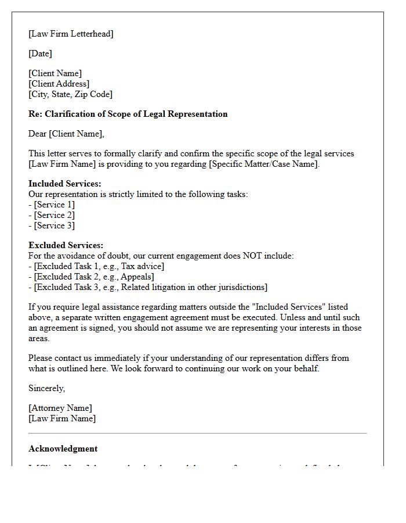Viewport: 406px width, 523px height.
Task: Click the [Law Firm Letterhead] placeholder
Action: click(71, 34)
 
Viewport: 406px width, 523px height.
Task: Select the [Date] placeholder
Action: click(40, 53)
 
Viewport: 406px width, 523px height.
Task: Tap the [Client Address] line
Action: click(59, 84)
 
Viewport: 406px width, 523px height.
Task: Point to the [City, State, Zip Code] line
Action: click(70, 94)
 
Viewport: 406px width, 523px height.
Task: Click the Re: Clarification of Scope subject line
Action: click(128, 114)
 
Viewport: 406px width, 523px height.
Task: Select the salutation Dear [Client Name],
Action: click(66, 134)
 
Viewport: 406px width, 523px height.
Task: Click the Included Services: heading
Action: click(64, 184)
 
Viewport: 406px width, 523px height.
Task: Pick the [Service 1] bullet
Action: click(52, 205)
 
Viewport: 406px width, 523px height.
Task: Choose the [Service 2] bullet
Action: click(52, 215)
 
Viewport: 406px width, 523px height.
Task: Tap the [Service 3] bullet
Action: click(52, 225)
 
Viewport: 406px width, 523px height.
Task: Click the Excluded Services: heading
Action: click(66, 245)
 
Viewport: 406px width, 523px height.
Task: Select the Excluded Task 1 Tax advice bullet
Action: click(96, 266)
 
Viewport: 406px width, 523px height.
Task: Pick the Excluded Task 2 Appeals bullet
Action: click(91, 277)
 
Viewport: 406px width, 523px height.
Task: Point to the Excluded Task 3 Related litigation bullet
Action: click(148, 287)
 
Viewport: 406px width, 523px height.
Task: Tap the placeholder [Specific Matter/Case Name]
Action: click(262, 164)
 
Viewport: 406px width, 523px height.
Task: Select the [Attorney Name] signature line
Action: click(60, 408)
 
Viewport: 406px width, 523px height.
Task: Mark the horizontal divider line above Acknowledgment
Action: click(197, 433)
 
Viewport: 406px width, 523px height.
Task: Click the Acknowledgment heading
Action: click(63, 449)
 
